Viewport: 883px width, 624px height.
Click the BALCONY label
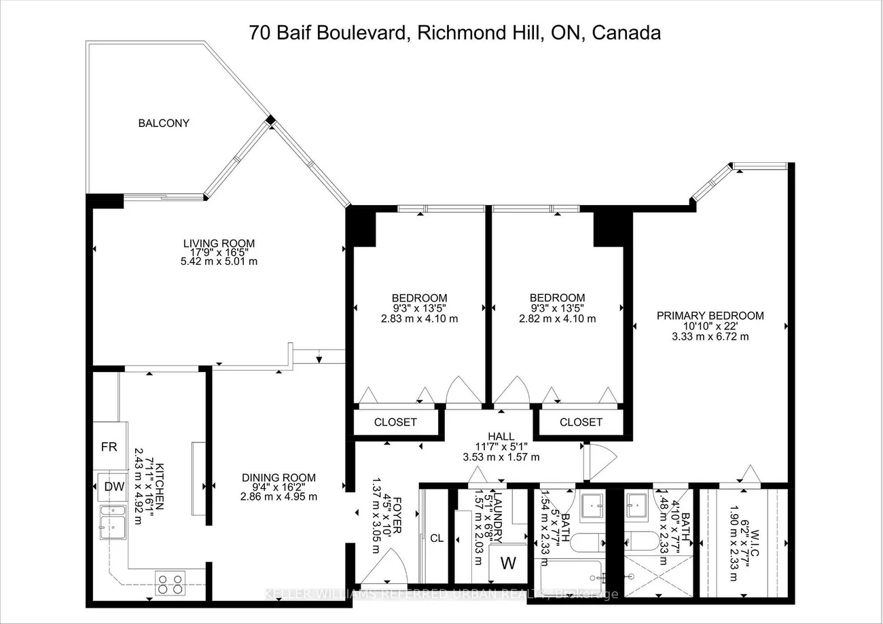pyautogui.click(x=164, y=124)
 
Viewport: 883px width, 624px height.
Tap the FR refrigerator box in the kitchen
pyautogui.click(x=109, y=447)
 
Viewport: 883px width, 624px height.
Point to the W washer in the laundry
pyautogui.click(x=508, y=564)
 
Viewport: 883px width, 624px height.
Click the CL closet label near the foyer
pyautogui.click(x=437, y=538)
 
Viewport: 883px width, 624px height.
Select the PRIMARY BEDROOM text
pyautogui.click(x=710, y=316)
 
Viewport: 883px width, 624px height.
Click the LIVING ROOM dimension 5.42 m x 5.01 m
pyautogui.click(x=219, y=261)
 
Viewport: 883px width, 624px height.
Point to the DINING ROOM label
pyautogui.click(x=278, y=478)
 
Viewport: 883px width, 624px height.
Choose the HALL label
pyautogui.click(x=501, y=436)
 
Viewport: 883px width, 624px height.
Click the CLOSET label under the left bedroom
pyautogui.click(x=395, y=422)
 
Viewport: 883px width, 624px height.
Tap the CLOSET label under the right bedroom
pyautogui.click(x=581, y=422)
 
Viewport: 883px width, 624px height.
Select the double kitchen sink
pyautogui.click(x=112, y=521)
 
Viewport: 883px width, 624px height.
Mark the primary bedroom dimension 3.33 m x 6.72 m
pyautogui.click(x=710, y=336)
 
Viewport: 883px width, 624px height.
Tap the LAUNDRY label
pyautogui.click(x=498, y=518)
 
